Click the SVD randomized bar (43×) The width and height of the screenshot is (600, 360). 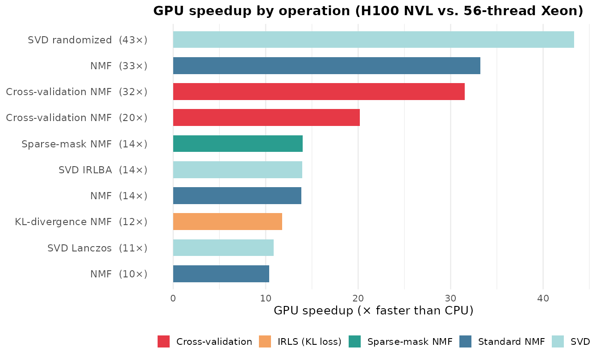pos(373,40)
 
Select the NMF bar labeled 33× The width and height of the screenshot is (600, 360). pos(326,66)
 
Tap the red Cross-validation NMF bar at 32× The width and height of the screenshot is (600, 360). pos(319,92)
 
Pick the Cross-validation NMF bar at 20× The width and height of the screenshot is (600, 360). pos(266,117)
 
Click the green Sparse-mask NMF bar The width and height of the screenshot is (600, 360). pos(237,144)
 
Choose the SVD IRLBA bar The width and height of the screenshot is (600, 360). pos(237,170)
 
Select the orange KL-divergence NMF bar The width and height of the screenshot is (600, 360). pos(227,222)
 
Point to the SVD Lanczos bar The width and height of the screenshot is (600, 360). pos(223,247)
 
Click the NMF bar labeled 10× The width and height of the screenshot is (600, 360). pos(221,274)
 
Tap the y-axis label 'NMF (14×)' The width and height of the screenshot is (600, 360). pos(119,196)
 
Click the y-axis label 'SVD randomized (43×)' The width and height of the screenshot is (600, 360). pos(87,40)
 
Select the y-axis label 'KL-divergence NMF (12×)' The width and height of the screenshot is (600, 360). pos(81,222)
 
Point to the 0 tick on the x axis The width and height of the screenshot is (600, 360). pos(173,298)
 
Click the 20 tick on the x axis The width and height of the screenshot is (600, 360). pos(358,298)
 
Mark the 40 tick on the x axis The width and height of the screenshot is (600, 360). pos(543,298)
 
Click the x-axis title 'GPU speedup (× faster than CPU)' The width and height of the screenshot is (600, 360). pos(373,310)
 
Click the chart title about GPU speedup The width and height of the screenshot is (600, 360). pos(368,11)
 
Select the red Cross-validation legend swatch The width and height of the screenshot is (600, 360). pos(163,342)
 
